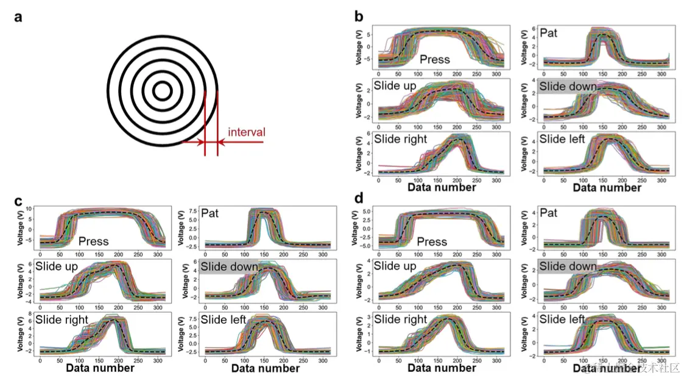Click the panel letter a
[x=19, y=17]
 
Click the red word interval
[x=247, y=132]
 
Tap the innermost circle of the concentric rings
[x=162, y=91]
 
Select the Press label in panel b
[x=435, y=59]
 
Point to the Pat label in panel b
[x=549, y=35]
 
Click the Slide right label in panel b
[x=400, y=140]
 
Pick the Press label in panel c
[x=93, y=241]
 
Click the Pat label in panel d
[x=549, y=213]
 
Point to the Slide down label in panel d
[x=568, y=266]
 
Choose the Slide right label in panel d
[x=400, y=320]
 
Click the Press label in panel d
[x=432, y=241]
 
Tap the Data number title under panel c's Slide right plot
[x=100, y=368]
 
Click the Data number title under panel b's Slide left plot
[x=607, y=188]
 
